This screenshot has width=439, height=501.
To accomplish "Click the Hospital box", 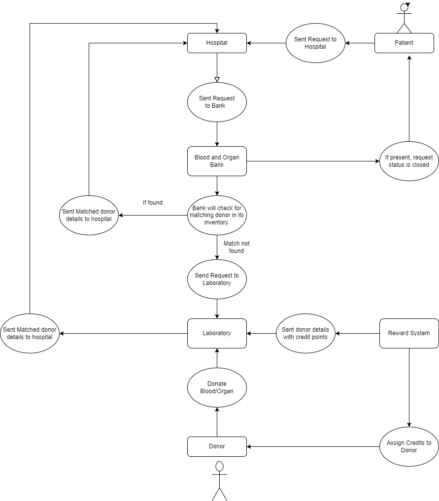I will (x=217, y=43).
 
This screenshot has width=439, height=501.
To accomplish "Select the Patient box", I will (x=404, y=43).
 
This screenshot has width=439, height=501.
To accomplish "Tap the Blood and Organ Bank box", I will (x=217, y=161).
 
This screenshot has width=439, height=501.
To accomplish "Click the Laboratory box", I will (x=217, y=333).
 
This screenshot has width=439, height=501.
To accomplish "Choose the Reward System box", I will (x=409, y=333).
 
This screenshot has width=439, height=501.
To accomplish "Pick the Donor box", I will (x=217, y=446).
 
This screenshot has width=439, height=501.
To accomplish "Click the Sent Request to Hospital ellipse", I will (x=315, y=43).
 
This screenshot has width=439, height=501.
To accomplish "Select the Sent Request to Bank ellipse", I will (x=217, y=102).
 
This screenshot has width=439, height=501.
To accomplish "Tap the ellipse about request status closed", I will (x=409, y=161).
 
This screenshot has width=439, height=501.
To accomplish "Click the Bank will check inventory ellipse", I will (x=217, y=215).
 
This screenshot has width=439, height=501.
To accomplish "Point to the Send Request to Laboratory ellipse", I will (x=217, y=279).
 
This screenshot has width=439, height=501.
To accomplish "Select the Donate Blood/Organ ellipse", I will (x=217, y=387).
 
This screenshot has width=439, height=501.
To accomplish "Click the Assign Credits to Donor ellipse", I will (x=409, y=446).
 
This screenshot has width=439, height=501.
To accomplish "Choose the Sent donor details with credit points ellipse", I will (x=305, y=333).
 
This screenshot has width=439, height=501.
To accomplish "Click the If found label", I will (x=152, y=202).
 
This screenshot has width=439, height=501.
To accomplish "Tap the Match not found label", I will (x=236, y=247).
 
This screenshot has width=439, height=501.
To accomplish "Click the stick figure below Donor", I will (x=220, y=480).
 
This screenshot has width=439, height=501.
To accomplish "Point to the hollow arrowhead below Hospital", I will (x=217, y=79).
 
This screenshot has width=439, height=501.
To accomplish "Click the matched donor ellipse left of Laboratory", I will (x=30, y=333).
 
